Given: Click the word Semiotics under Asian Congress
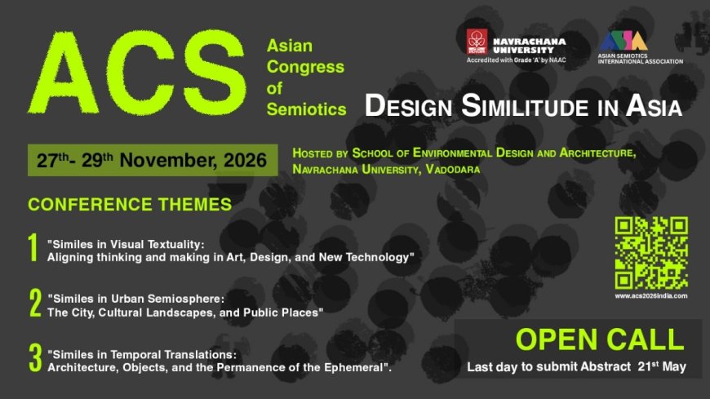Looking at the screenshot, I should (306, 109).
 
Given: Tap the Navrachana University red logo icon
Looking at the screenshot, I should (476, 42).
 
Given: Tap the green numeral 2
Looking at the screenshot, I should (35, 303).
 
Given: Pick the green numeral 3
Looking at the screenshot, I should (35, 359).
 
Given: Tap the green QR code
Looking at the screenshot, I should (650, 253).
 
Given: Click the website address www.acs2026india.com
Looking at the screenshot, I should (650, 296).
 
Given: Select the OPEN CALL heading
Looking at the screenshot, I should (599, 339).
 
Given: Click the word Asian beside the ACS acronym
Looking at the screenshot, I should (290, 46).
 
